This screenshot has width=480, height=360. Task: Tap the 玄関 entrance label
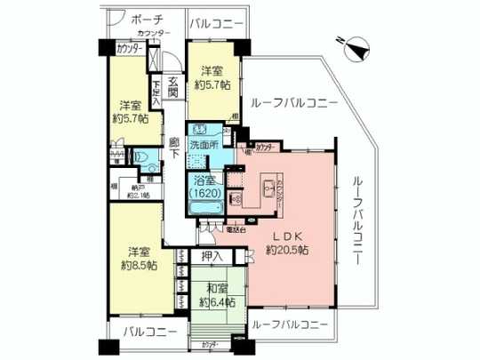(x=174, y=84)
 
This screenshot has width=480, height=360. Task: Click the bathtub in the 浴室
(x=205, y=209)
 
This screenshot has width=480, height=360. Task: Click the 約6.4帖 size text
(x=217, y=301)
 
